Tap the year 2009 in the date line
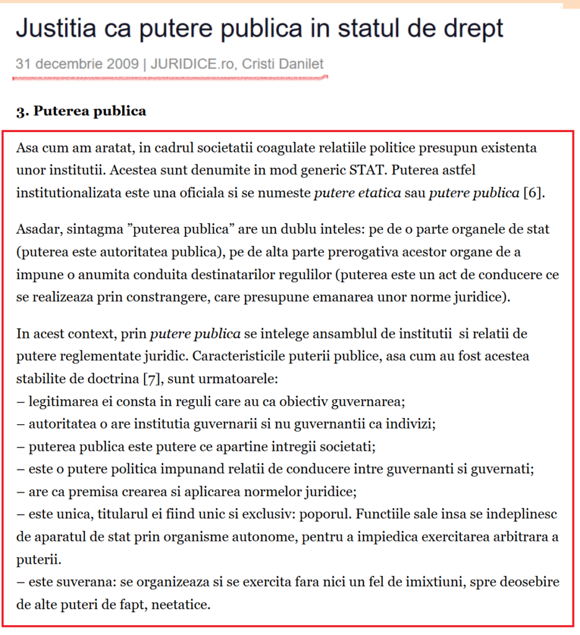[127, 64]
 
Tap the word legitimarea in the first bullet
[60, 401]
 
